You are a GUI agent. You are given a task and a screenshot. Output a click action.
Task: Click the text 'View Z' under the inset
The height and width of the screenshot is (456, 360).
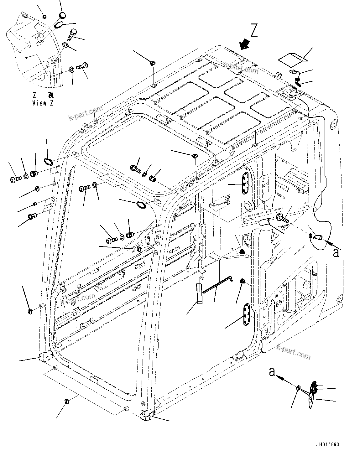[x=43, y=103]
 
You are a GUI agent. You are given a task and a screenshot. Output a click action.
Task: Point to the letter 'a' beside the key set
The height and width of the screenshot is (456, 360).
[x=272, y=372]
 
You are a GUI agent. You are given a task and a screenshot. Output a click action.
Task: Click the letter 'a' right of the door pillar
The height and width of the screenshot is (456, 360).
[x=336, y=252]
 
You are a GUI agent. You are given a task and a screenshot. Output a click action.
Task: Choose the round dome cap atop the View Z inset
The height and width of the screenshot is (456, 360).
[x=63, y=15]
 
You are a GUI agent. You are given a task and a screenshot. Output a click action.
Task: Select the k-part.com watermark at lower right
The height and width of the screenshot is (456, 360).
[x=294, y=352]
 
